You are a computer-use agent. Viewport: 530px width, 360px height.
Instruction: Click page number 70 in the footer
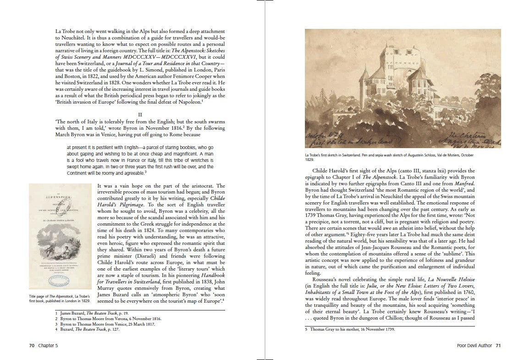[32, 345]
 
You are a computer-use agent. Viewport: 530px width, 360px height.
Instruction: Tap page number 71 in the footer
[498, 345]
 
